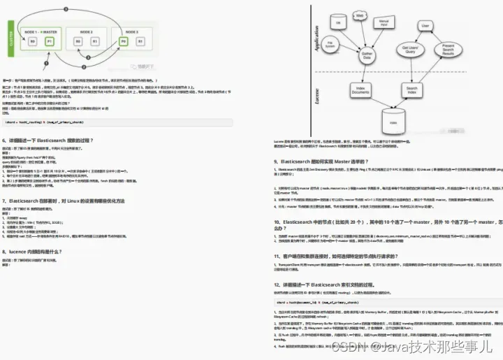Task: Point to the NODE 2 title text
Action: pos(86,31)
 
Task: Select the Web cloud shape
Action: pos(360,15)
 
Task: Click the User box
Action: pos(424,25)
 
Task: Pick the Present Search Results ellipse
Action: pos(449,50)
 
